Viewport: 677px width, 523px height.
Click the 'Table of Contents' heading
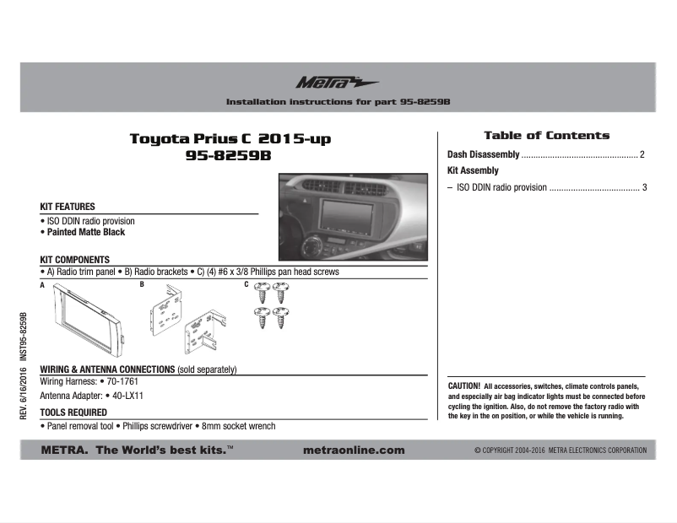(x=546, y=135)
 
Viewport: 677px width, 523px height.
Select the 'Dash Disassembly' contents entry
(x=483, y=155)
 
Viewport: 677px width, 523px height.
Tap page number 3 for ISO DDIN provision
(x=644, y=187)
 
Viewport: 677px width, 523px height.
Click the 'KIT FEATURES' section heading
(x=68, y=207)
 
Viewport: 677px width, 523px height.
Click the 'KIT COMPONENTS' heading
(x=75, y=260)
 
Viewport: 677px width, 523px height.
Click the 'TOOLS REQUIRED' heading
(x=73, y=412)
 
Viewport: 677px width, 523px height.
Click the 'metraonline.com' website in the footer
(x=353, y=450)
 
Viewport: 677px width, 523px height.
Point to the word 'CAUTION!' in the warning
(x=464, y=385)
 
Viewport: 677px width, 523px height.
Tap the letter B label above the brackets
(x=142, y=284)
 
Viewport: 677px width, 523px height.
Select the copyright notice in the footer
(x=560, y=451)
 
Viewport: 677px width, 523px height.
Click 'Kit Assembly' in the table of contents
(x=473, y=171)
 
